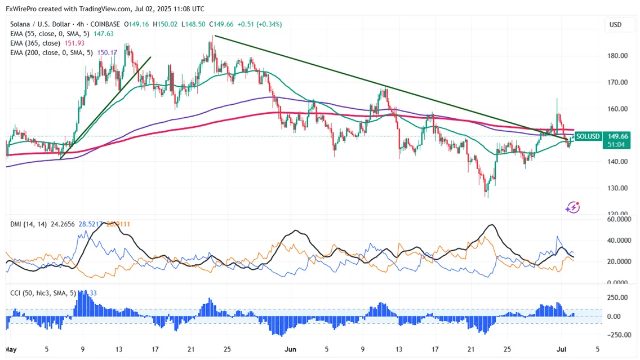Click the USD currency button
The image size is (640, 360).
(615, 25)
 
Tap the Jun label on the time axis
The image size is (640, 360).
(290, 349)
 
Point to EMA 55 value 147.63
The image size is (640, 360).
(103, 34)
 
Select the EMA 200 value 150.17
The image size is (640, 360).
(107, 53)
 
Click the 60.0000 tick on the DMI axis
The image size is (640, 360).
(618, 219)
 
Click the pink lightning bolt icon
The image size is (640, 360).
(573, 207)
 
